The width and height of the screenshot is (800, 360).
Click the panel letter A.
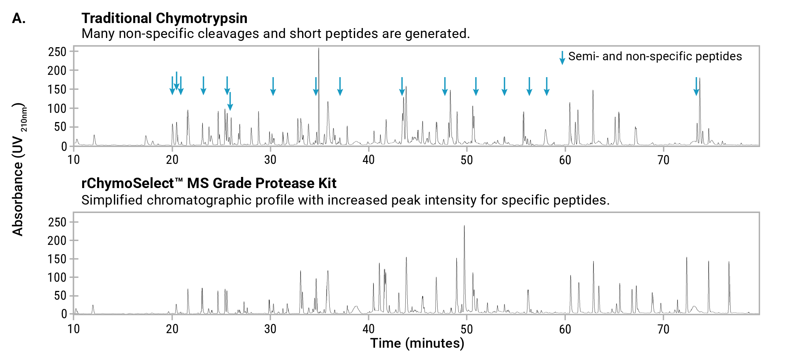coord(18,18)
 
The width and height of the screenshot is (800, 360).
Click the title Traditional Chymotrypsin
coord(164,18)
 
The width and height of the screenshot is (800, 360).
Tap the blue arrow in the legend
coord(562,57)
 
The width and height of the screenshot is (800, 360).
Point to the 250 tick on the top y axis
coord(57,52)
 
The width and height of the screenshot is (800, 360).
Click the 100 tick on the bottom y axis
coord(57,277)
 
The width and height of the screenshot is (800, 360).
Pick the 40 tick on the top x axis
coord(369,160)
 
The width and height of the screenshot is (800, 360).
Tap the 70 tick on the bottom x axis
coord(663,329)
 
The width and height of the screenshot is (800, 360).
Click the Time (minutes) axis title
coord(417,343)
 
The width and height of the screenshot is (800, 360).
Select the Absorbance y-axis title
coord(18,169)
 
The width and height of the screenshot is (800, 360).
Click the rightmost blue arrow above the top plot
coord(696,86)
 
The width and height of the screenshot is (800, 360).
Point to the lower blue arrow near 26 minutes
coord(230,101)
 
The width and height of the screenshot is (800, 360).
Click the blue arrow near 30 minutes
coord(273,86)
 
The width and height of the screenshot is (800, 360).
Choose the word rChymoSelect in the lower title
coord(127,183)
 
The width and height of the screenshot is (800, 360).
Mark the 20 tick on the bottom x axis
coord(172,329)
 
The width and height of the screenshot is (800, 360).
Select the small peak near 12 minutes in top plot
coord(94,137)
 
